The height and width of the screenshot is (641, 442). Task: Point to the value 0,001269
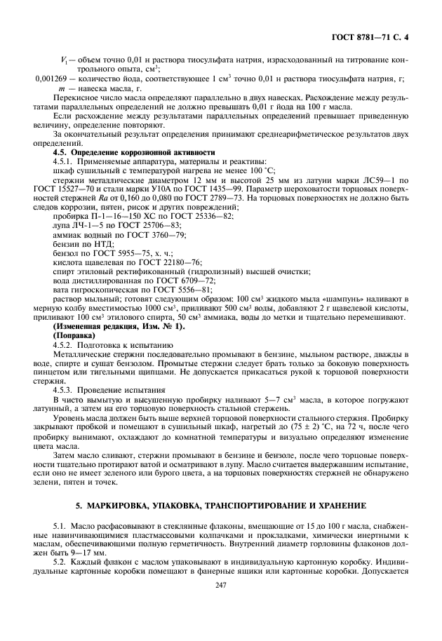pyautogui.click(x=53, y=79)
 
